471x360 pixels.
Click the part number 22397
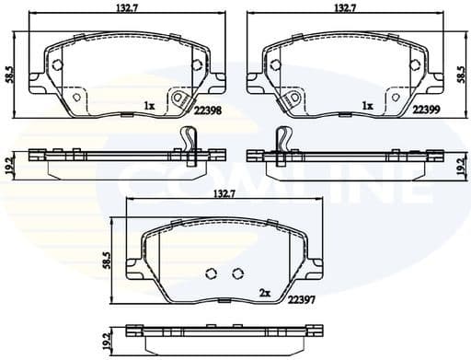click(303, 299)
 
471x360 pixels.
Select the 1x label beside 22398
click(148, 105)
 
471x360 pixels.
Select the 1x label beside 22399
click(367, 105)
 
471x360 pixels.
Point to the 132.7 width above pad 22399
click(345, 7)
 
